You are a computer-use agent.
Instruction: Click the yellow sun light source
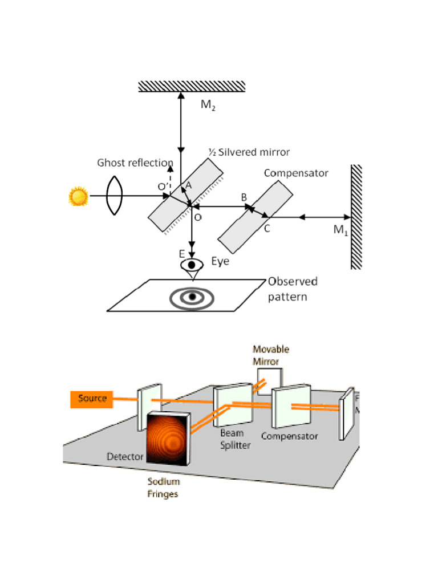(x=78, y=197)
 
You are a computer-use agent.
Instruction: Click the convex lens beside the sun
(x=115, y=197)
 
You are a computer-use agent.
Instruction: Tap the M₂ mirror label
(x=209, y=105)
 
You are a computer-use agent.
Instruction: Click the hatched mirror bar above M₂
(x=192, y=86)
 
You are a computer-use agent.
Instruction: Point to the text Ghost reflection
(x=135, y=163)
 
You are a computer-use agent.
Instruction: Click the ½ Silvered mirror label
(x=249, y=152)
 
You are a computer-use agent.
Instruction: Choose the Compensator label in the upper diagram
(x=296, y=173)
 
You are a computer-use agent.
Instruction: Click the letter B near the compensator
(x=244, y=197)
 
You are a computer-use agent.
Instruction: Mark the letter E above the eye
(x=182, y=254)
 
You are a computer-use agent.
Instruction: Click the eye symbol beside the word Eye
(x=192, y=266)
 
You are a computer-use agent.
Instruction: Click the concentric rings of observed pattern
(x=192, y=297)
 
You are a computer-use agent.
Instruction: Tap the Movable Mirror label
(x=271, y=355)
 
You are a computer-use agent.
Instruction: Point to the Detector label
(x=125, y=456)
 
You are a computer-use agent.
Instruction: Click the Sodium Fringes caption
(x=163, y=488)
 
